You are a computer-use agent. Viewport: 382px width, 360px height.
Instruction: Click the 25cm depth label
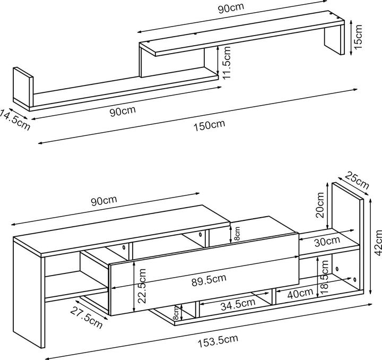(357, 181)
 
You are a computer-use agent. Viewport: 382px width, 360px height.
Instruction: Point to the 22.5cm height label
(142, 284)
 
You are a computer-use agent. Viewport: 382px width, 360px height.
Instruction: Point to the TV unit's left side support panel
(29, 297)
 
